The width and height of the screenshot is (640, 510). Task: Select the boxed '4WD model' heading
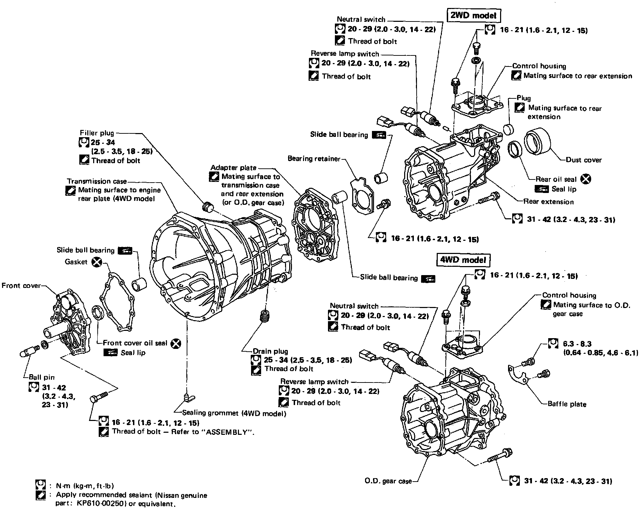point(463,260)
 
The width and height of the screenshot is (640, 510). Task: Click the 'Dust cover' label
point(584,160)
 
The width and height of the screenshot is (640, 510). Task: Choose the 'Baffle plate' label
point(567,404)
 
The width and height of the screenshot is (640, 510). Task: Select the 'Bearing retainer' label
point(314,159)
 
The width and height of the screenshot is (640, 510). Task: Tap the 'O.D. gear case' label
point(388,481)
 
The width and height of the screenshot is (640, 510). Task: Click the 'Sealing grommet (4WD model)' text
point(234,413)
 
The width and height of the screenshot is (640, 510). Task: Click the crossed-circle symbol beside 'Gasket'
point(97,262)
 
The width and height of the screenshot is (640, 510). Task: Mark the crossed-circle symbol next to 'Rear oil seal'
point(586,179)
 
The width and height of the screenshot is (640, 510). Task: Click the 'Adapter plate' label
point(233,168)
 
